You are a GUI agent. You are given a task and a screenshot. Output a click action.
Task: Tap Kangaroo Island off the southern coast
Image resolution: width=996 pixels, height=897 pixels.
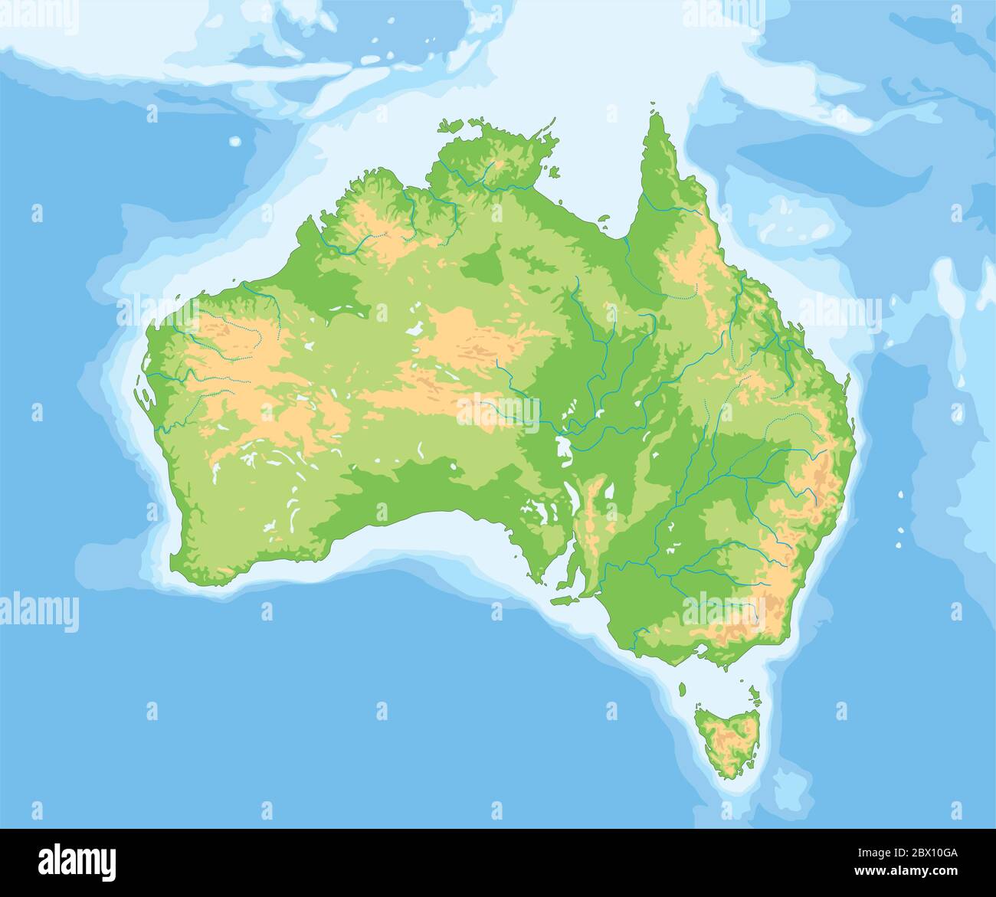(x=565, y=600)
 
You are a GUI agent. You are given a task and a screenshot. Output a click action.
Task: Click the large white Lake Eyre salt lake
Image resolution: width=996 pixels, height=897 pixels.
(x=565, y=452)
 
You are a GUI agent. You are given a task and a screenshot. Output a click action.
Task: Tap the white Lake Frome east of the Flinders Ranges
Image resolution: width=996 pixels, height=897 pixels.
(x=610, y=490)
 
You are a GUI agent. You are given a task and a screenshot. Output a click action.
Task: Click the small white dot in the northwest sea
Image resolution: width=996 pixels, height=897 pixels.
(x=234, y=141)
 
